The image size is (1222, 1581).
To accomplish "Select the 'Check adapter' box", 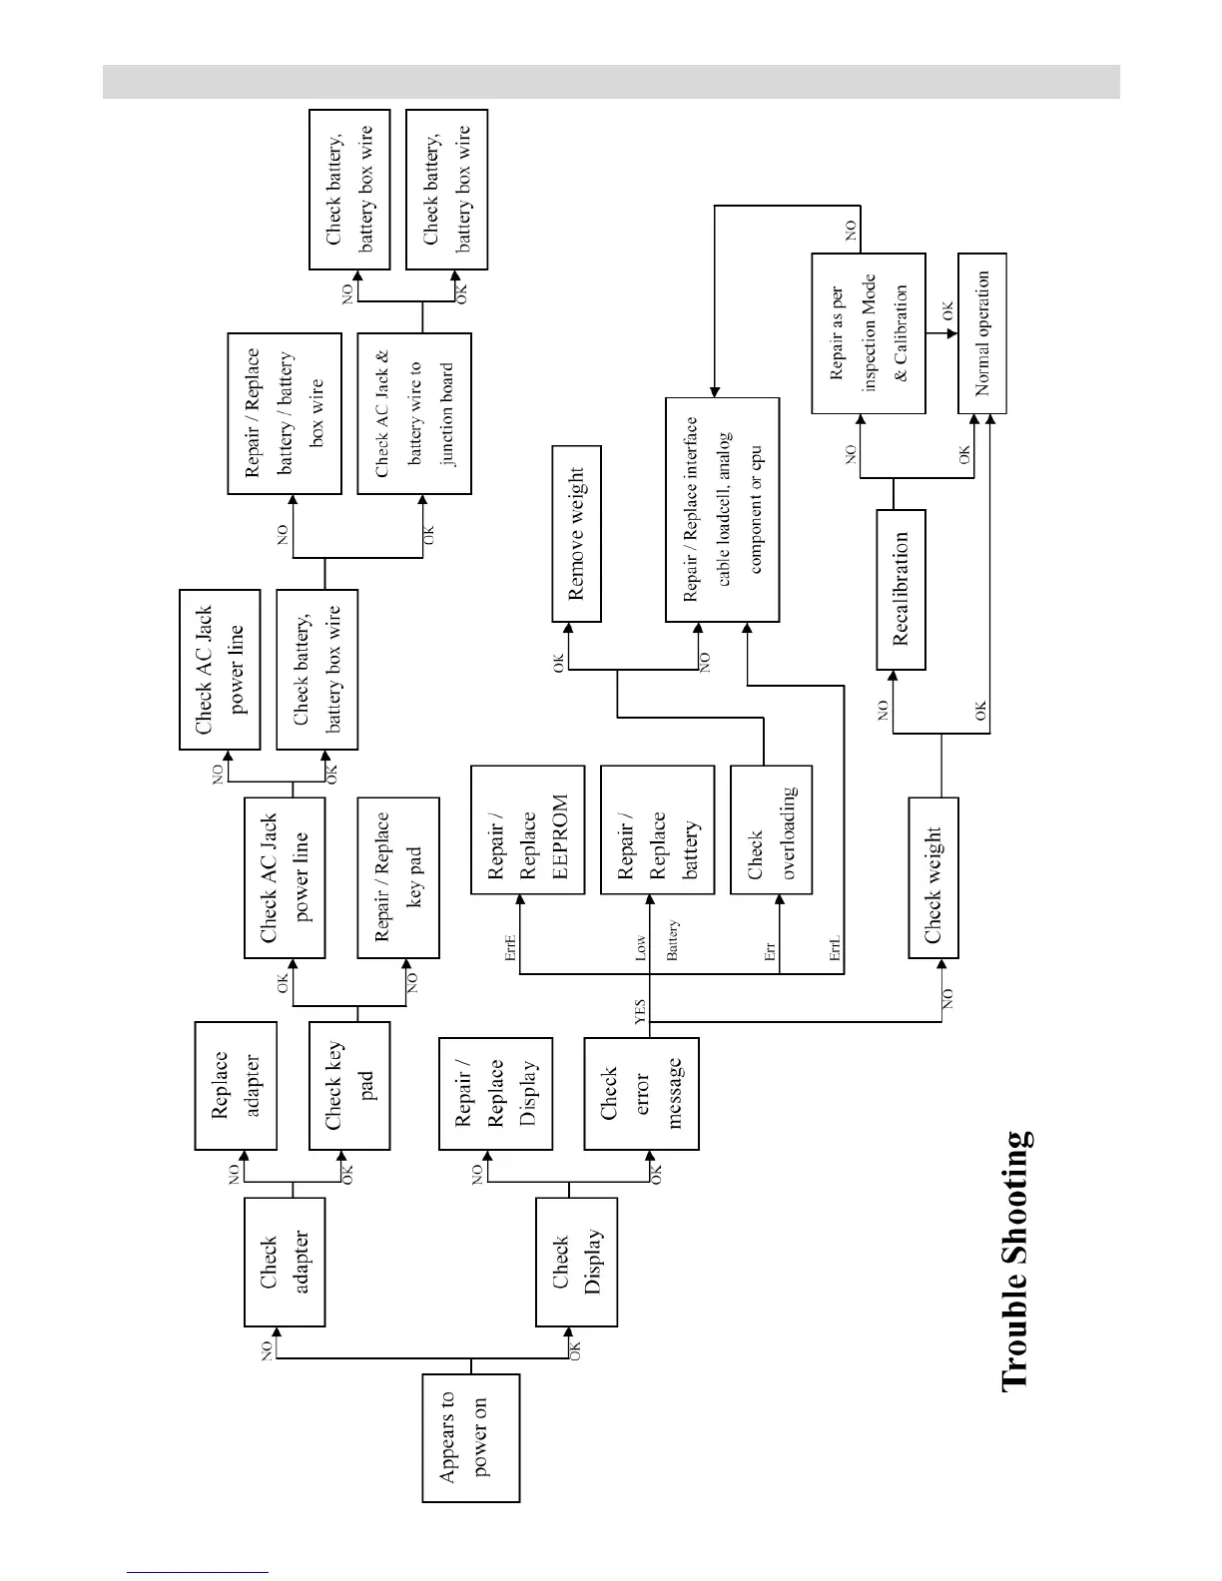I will tap(285, 1262).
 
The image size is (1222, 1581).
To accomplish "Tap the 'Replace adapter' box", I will tap(236, 1085).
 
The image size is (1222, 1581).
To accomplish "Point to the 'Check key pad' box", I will tap(348, 1085).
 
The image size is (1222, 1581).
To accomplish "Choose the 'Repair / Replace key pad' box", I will tap(398, 877).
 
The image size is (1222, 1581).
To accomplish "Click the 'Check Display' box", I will tap(576, 1262).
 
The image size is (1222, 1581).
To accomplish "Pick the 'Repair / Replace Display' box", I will tap(496, 1093).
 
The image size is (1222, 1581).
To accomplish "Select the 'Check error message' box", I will tap(641, 1093).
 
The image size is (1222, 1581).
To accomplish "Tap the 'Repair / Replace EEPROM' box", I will tap(527, 829).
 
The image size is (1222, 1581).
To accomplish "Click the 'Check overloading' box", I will tap(771, 829).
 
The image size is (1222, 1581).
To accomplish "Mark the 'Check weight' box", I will tap(933, 877).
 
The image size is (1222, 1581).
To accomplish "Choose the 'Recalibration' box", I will tap(901, 589).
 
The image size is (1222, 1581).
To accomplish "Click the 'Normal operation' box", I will tap(982, 332).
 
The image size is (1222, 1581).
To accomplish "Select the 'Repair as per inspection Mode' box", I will tap(869, 332).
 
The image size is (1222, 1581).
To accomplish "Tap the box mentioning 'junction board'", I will tap(414, 413).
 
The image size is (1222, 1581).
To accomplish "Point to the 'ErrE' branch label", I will tap(510, 947).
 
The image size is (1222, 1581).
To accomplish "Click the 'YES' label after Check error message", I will tap(641, 1011).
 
